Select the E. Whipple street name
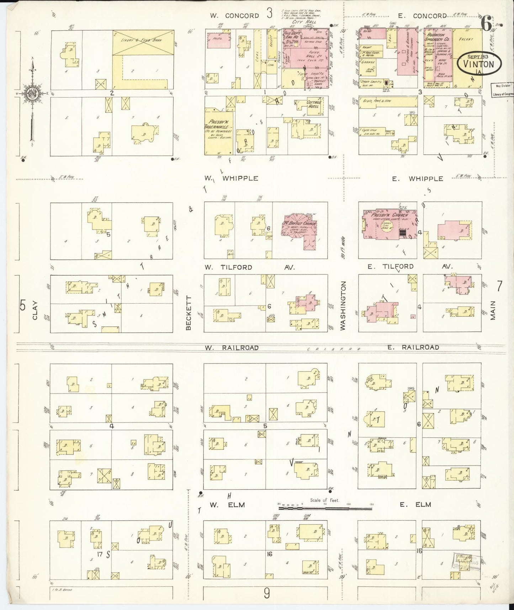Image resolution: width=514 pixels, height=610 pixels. coord(418,179)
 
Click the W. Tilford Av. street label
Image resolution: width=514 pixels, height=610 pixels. coord(249,267)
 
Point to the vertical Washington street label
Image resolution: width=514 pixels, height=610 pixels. coord(343,306)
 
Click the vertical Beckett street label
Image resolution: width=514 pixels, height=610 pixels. coord(189,313)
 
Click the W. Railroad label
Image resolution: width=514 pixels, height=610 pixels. coord(231,347)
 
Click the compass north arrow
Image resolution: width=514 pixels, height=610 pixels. coord(32,89)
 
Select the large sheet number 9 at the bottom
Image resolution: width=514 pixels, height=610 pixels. coord(266,593)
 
